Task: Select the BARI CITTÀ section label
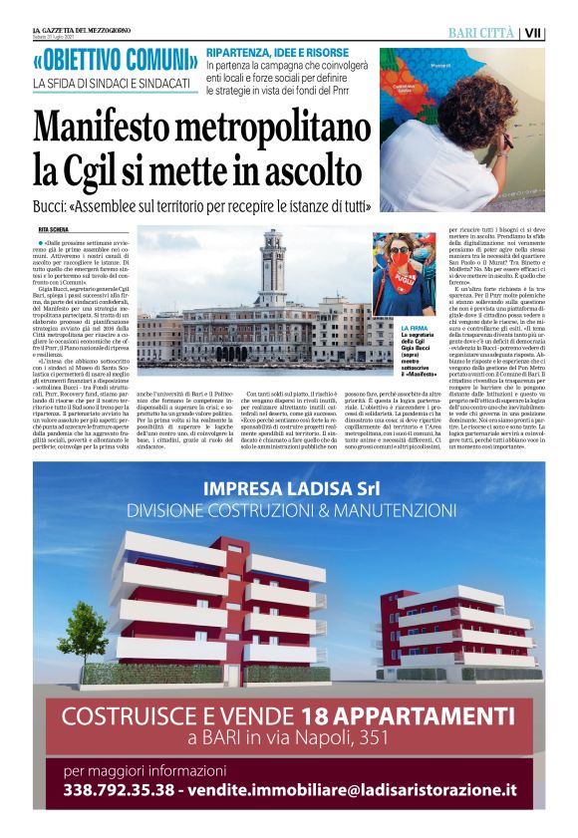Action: click(481, 33)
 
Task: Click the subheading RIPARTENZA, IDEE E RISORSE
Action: click(275, 52)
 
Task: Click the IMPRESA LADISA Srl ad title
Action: click(289, 489)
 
